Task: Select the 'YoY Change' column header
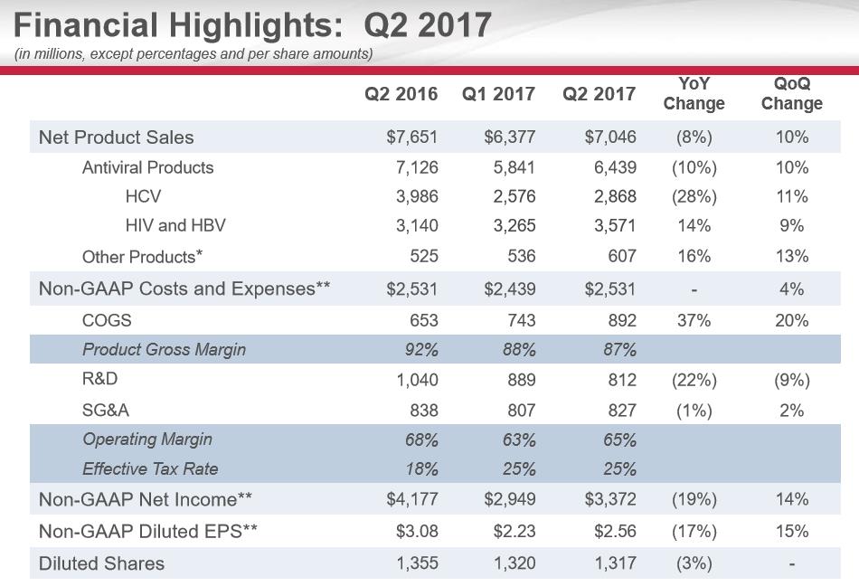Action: click(x=694, y=93)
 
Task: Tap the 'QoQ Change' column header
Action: click(x=791, y=93)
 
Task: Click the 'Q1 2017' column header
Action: click(x=498, y=94)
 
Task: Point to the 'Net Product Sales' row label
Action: click(x=116, y=137)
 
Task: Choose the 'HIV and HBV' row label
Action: click(x=175, y=225)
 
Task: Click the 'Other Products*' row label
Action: click(x=142, y=256)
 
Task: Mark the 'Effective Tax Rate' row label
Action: click(x=150, y=468)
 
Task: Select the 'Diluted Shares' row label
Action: click(x=101, y=563)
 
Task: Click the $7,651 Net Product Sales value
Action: click(x=411, y=137)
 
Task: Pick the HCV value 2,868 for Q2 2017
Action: click(x=615, y=196)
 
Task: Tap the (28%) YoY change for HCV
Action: click(x=694, y=196)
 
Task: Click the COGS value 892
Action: click(x=621, y=320)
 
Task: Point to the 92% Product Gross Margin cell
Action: click(x=421, y=349)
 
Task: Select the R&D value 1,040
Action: click(x=417, y=381)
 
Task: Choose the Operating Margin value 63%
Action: click(x=519, y=440)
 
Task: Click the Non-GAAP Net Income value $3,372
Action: click(x=610, y=499)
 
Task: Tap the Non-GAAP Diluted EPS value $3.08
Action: click(x=417, y=532)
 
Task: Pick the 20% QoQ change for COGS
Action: click(x=791, y=320)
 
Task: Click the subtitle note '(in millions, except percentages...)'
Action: click(x=194, y=53)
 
